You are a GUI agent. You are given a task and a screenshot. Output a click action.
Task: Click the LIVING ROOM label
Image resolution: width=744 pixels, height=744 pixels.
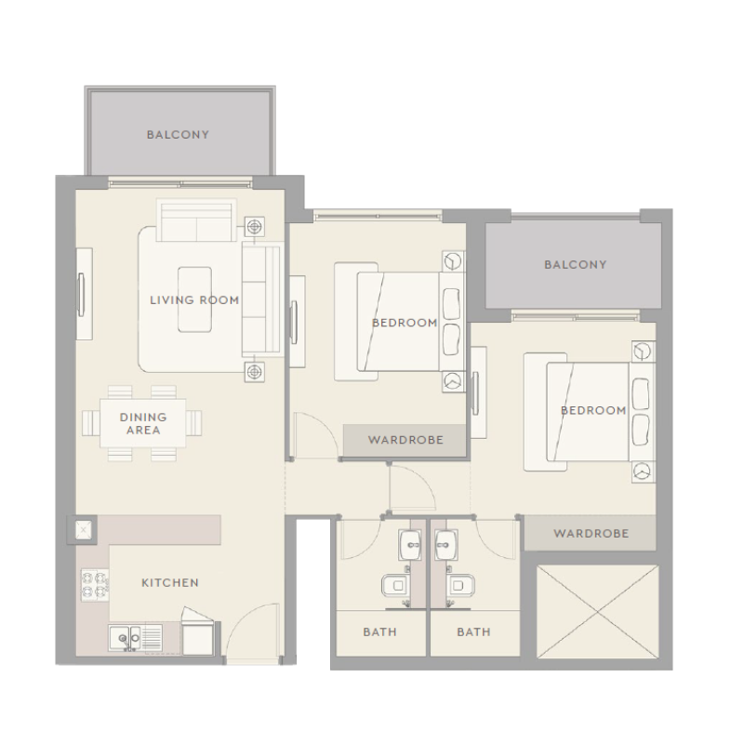(x=194, y=300)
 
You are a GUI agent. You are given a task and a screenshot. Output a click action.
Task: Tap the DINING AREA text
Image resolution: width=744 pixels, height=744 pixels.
(x=143, y=424)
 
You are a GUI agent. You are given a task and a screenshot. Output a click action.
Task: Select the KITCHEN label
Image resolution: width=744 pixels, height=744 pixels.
(x=169, y=583)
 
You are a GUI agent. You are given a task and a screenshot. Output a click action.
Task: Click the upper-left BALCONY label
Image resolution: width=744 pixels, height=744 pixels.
(x=178, y=135)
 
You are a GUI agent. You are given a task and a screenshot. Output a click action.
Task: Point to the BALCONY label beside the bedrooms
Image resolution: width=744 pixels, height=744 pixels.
(x=575, y=265)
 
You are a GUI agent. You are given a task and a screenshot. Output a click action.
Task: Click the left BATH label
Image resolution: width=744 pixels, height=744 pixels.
(x=379, y=632)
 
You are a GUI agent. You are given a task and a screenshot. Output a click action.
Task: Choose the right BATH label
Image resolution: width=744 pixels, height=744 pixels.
(x=473, y=632)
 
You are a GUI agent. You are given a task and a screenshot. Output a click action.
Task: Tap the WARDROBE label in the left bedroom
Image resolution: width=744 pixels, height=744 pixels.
(x=405, y=440)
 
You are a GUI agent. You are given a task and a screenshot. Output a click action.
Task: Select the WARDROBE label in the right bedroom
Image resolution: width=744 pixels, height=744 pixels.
(x=591, y=534)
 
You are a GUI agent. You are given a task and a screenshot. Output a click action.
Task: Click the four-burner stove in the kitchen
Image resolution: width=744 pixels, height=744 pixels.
(x=94, y=584)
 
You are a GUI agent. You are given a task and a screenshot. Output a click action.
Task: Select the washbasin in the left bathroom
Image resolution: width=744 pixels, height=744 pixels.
(x=411, y=544)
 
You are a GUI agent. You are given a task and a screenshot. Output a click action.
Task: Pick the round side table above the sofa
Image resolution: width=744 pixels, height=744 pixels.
(x=254, y=227)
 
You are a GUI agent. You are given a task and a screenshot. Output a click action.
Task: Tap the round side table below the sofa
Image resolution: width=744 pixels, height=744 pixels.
(x=254, y=372)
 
